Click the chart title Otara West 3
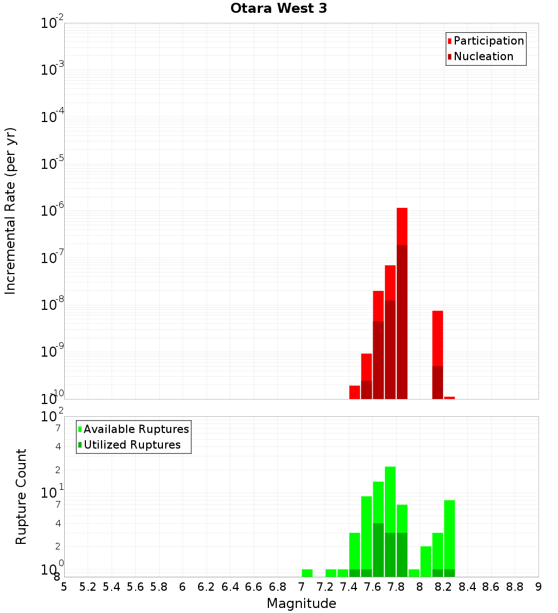coord(278,8)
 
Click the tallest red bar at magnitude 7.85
coord(402,226)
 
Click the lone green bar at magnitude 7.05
coord(307,573)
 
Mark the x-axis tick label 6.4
coord(230,587)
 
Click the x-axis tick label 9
coord(538,587)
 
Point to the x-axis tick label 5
coord(64,587)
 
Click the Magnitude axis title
coord(301,604)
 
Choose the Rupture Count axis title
coord(21,496)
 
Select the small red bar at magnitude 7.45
coord(354,392)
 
